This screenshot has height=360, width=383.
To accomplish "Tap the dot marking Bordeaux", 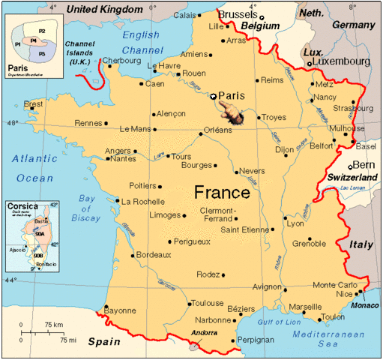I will (x=133, y=255).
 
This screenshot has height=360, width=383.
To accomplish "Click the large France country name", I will (x=222, y=192).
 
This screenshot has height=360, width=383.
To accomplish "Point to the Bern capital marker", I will (x=350, y=166).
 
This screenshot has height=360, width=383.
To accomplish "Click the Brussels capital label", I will (x=238, y=14).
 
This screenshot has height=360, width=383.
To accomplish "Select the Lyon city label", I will (x=295, y=224).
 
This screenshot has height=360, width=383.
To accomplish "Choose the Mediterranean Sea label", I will (x=317, y=338).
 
